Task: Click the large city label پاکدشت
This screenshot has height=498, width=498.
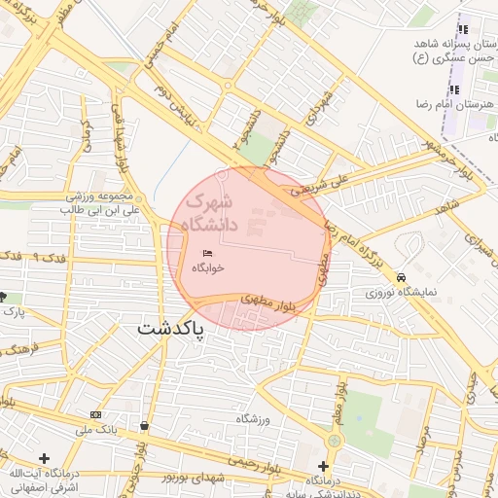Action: tap(171, 329)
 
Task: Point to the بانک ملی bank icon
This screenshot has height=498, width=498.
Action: tap(94, 414)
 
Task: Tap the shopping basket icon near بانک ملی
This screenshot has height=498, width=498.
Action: tap(145, 425)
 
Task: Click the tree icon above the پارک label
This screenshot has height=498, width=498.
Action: tap(3, 297)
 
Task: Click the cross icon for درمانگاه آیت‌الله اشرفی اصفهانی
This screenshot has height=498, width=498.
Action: tap(43, 457)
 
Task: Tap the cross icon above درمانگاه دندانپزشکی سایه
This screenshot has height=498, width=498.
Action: tap(323, 466)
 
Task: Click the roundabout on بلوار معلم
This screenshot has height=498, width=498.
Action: tap(334, 441)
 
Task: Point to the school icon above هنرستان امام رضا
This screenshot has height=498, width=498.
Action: tap(453, 89)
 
